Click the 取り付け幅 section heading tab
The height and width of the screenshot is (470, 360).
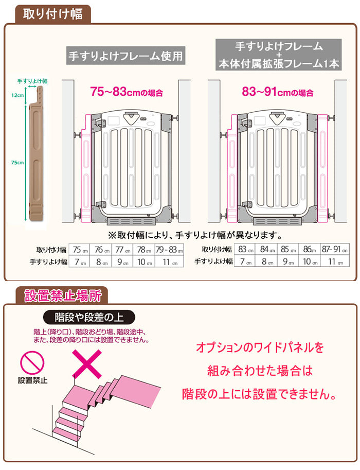tap(52, 14)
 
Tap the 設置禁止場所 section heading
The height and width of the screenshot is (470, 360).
tap(62, 295)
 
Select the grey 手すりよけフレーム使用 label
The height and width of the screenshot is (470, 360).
tap(126, 56)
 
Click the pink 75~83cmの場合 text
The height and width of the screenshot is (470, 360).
tap(127, 92)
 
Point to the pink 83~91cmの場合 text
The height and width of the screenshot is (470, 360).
tap(278, 92)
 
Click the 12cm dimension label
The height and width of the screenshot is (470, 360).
tap(17, 95)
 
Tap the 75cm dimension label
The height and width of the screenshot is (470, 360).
tap(17, 163)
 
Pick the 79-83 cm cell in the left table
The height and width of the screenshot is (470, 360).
tap(169, 249)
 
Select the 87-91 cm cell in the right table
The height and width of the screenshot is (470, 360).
tap(335, 249)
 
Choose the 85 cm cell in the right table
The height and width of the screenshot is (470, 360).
tap(288, 249)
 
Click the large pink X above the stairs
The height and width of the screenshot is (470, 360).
tap(87, 364)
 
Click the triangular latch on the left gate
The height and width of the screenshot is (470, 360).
tap(131, 118)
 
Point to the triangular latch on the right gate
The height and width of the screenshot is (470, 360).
tap(277, 117)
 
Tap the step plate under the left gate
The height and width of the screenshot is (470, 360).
tap(131, 221)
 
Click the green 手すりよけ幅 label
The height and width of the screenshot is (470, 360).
tap(32, 81)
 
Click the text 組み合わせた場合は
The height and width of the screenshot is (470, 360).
tap(260, 371)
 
